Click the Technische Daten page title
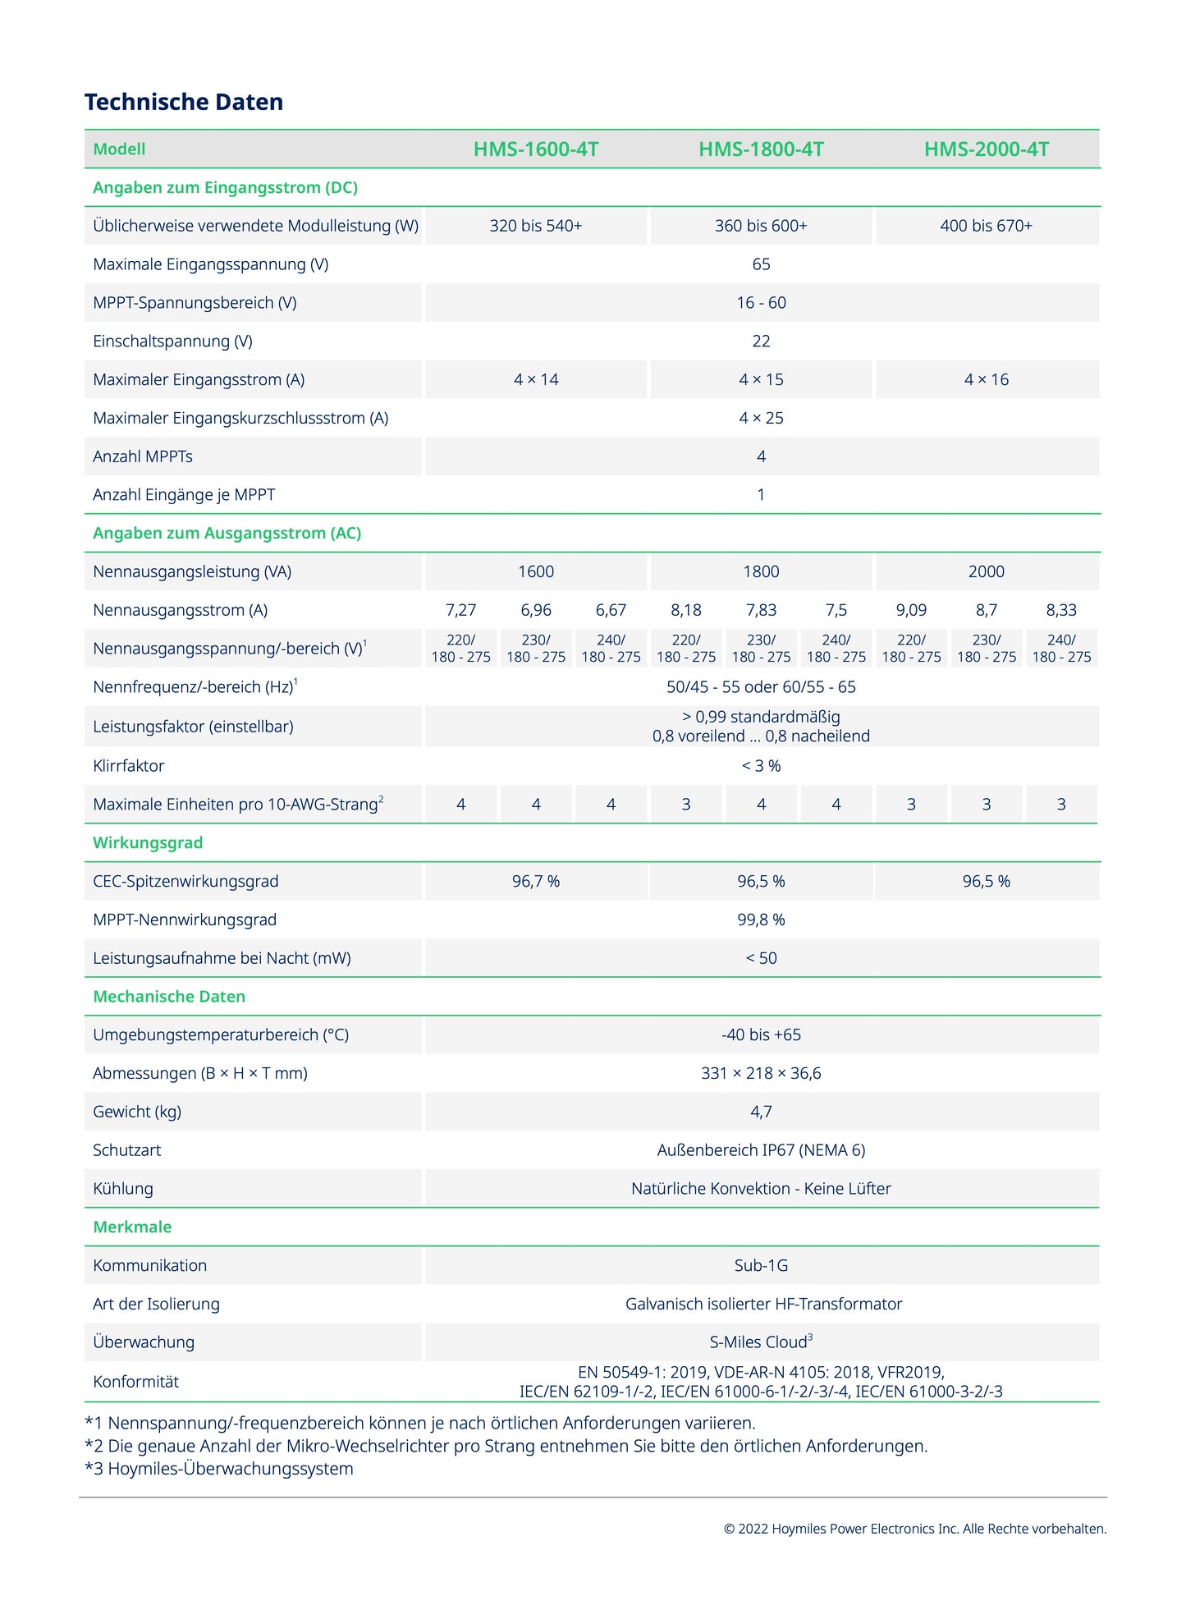[x=184, y=102]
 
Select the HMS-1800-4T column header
[x=761, y=149]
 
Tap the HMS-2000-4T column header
[x=986, y=149]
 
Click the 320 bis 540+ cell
[x=535, y=226]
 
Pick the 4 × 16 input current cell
[x=986, y=379]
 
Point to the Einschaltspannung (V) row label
[x=172, y=342]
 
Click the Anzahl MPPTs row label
[x=143, y=456]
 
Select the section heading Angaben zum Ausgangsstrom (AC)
[x=227, y=534]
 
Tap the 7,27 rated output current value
[x=460, y=610]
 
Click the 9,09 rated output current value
[x=911, y=610]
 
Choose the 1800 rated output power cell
[x=761, y=571]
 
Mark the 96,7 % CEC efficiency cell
[x=535, y=882]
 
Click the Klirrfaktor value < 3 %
[x=761, y=766]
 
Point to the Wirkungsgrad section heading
[x=148, y=843]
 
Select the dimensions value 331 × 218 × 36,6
[x=761, y=1073]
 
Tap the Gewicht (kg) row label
[x=137, y=1112]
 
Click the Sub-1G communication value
[x=761, y=1265]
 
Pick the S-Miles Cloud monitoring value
[x=761, y=1342]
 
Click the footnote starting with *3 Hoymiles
[x=219, y=1469]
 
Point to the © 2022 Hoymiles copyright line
[x=914, y=1529]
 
